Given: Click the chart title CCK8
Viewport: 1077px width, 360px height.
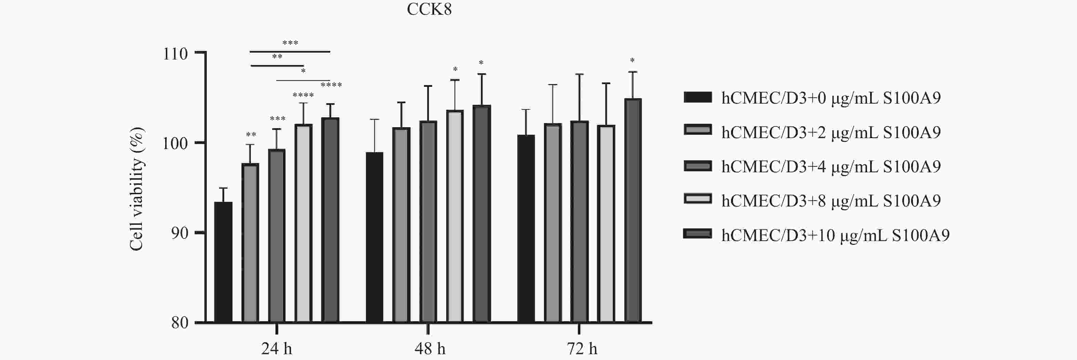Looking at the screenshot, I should (x=429, y=9).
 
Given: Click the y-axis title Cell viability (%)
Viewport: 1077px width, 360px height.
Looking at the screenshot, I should (x=137, y=189).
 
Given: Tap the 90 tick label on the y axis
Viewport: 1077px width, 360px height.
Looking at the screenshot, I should (x=179, y=233).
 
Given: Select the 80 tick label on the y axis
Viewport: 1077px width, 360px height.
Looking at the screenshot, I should (x=179, y=323).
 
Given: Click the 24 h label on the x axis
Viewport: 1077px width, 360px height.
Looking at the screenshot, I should (x=276, y=349).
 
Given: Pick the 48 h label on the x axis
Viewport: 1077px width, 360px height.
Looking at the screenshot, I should (x=429, y=349).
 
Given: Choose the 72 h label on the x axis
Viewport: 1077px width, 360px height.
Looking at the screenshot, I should (x=582, y=349).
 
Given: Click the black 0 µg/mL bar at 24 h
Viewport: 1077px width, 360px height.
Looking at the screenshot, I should (x=223, y=262).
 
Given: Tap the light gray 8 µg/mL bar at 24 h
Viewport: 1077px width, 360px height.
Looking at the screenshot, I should (x=304, y=223).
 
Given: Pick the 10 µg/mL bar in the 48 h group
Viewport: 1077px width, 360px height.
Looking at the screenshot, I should (x=482, y=214).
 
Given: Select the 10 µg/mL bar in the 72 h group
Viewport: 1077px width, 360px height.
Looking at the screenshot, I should (x=633, y=210).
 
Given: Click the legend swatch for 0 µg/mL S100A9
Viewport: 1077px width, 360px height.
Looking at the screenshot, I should (x=697, y=97).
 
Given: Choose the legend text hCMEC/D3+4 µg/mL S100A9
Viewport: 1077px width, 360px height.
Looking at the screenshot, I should (x=831, y=167).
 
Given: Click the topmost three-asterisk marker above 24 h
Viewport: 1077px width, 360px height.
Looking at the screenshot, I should (x=290, y=43).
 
